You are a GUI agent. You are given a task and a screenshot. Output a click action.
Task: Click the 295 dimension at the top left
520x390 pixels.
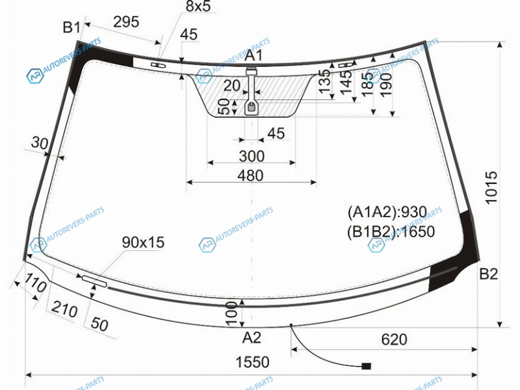click(126, 22)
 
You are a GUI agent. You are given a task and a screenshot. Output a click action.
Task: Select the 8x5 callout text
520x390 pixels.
click(198, 6)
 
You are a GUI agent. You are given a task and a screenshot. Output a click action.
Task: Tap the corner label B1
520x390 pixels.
click(71, 27)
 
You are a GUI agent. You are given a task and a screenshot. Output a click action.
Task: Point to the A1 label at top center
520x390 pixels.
click(253, 55)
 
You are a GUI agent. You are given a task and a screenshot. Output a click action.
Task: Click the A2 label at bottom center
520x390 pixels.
click(252, 337)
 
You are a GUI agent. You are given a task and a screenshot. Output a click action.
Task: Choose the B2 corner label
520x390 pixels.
click(489, 274)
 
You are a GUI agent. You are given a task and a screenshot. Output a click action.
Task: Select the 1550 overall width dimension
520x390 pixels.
click(252, 362)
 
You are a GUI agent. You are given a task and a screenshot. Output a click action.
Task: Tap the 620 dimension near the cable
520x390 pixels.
click(394, 339)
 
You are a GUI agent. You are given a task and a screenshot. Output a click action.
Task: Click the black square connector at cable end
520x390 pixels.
click(366, 366)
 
